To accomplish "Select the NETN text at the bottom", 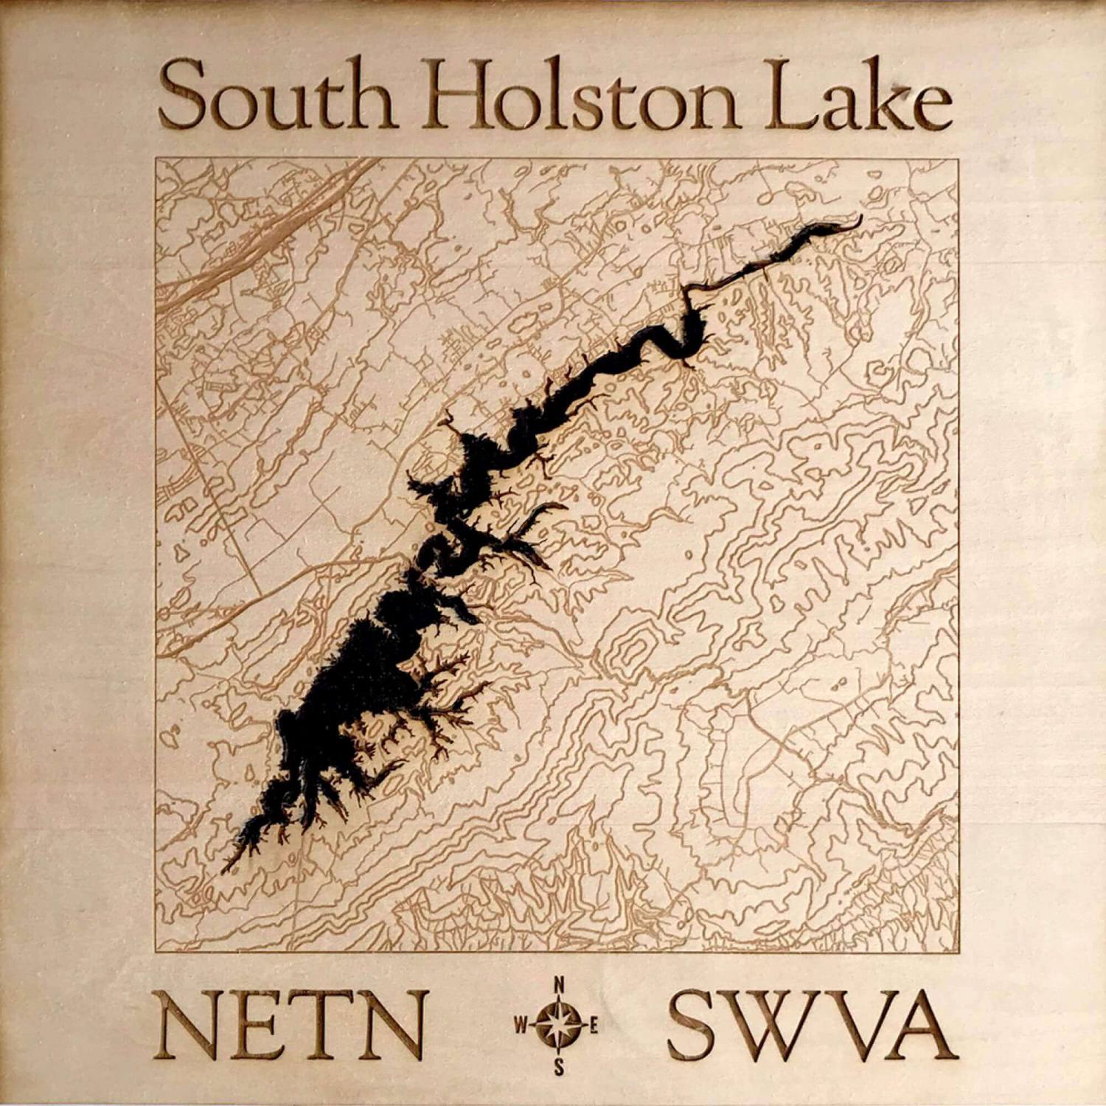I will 293,1026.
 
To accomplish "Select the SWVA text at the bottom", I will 807,1026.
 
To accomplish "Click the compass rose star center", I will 560,1026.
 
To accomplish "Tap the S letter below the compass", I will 560,1066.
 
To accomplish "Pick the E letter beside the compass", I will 594,1026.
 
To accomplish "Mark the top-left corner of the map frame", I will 156,159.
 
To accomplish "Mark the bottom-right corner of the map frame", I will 959,951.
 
